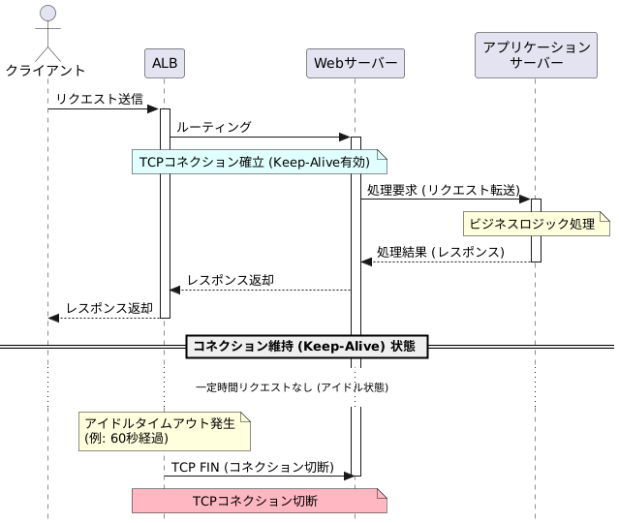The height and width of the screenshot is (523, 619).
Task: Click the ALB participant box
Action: tap(165, 63)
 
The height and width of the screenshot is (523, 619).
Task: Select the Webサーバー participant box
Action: tap(356, 63)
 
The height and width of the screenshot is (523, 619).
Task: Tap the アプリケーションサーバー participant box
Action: tap(536, 55)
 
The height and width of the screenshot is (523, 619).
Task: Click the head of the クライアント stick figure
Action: tap(47, 13)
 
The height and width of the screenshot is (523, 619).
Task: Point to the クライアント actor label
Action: tap(46, 71)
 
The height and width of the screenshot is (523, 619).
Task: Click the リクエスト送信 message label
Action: tap(100, 99)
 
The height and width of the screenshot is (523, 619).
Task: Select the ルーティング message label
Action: tap(213, 127)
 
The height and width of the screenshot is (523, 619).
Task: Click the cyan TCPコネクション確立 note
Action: tap(260, 162)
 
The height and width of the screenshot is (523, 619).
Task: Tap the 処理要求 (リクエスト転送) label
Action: tap(444, 190)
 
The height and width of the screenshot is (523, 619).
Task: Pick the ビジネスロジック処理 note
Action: tap(537, 224)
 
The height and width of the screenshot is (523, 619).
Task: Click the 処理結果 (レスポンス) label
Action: tap(441, 252)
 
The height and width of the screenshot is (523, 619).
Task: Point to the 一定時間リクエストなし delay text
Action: tap(293, 387)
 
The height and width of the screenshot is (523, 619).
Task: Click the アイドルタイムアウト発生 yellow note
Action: tap(165, 431)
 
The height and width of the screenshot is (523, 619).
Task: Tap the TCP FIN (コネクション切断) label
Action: tap(253, 467)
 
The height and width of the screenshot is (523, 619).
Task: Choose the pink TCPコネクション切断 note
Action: tap(260, 501)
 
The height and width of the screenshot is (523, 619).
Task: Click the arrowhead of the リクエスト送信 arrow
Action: tap(153, 108)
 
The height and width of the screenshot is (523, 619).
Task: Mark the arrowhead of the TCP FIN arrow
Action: tap(350, 477)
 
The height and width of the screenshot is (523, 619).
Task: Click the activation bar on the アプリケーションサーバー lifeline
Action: tap(536, 231)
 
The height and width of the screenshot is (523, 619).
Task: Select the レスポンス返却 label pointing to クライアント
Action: tap(109, 308)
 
